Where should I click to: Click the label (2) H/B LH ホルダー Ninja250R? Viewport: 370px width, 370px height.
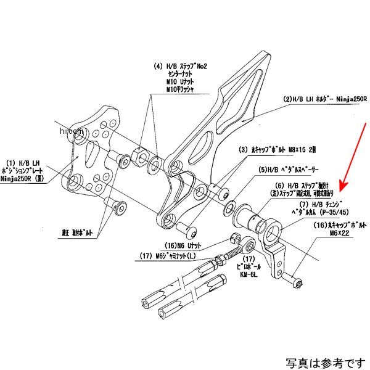(x=325, y=99)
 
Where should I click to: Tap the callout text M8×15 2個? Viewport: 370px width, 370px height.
(x=263, y=149)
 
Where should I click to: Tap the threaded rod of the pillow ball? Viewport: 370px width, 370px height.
(x=231, y=251)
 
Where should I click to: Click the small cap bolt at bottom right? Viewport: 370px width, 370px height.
(x=297, y=284)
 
